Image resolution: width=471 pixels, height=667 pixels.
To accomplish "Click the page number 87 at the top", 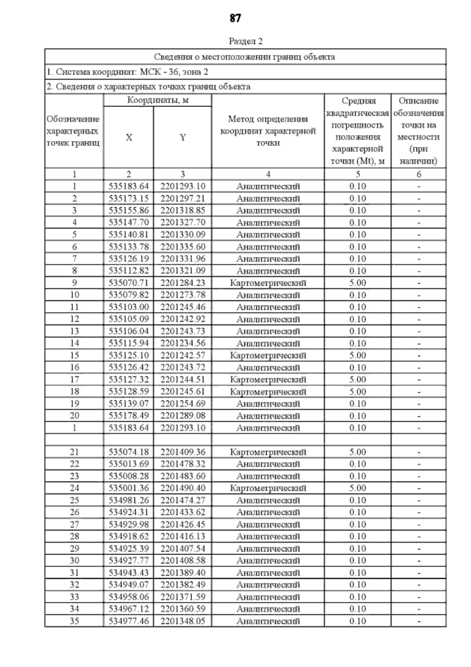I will tap(235, 18).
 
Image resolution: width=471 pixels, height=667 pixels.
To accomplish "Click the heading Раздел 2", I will tap(245, 41).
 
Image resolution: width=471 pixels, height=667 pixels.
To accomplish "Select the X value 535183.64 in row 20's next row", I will tap(129, 428).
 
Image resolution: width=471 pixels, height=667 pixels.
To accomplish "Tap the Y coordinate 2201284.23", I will tap(183, 283).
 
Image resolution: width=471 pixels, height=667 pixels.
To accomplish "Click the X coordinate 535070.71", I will tap(129, 283).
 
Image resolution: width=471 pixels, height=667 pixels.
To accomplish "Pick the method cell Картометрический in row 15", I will tap(268, 355).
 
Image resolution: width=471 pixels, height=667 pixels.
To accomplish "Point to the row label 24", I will tap(74, 488).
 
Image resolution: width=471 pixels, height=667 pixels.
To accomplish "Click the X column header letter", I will tap(129, 138).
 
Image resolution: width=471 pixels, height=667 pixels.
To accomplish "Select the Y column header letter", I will tap(183, 138).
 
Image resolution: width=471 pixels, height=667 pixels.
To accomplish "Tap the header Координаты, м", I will tap(158, 101).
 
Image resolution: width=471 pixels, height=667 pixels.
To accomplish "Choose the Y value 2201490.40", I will tap(183, 488).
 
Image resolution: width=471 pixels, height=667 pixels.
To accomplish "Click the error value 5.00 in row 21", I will tap(358, 452).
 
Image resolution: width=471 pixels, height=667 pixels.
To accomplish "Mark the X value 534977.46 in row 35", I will tap(129, 621).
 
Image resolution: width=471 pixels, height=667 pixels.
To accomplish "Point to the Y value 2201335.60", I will tap(183, 247).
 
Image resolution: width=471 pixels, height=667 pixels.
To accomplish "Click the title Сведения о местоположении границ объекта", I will tap(245, 57).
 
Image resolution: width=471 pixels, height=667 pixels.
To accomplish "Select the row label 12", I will tap(74, 319).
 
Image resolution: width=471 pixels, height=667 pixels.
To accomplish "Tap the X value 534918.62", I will tap(129, 537).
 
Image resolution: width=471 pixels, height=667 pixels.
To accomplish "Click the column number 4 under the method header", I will tap(268, 174).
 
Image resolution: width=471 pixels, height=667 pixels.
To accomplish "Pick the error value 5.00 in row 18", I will tap(358, 391).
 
